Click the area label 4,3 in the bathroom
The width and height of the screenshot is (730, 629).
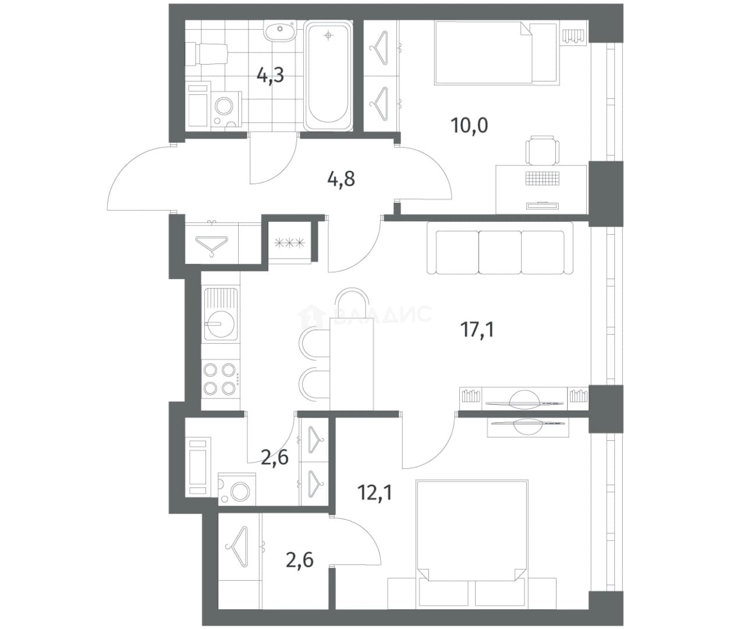tap(271, 75)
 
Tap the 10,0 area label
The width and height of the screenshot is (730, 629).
tap(470, 125)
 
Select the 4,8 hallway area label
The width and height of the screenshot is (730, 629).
tap(341, 179)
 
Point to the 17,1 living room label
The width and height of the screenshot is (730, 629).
tap(477, 330)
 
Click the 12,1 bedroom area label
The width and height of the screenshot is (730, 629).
tap(375, 492)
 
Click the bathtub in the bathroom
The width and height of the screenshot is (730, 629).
tap(328, 76)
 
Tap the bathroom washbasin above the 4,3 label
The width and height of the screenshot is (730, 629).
tap(279, 31)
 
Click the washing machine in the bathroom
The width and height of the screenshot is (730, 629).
tap(226, 110)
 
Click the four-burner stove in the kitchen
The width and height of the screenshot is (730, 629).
tap(220, 379)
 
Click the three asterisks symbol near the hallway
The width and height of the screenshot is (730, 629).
tap(289, 243)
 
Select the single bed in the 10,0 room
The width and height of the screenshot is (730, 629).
tap(497, 54)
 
